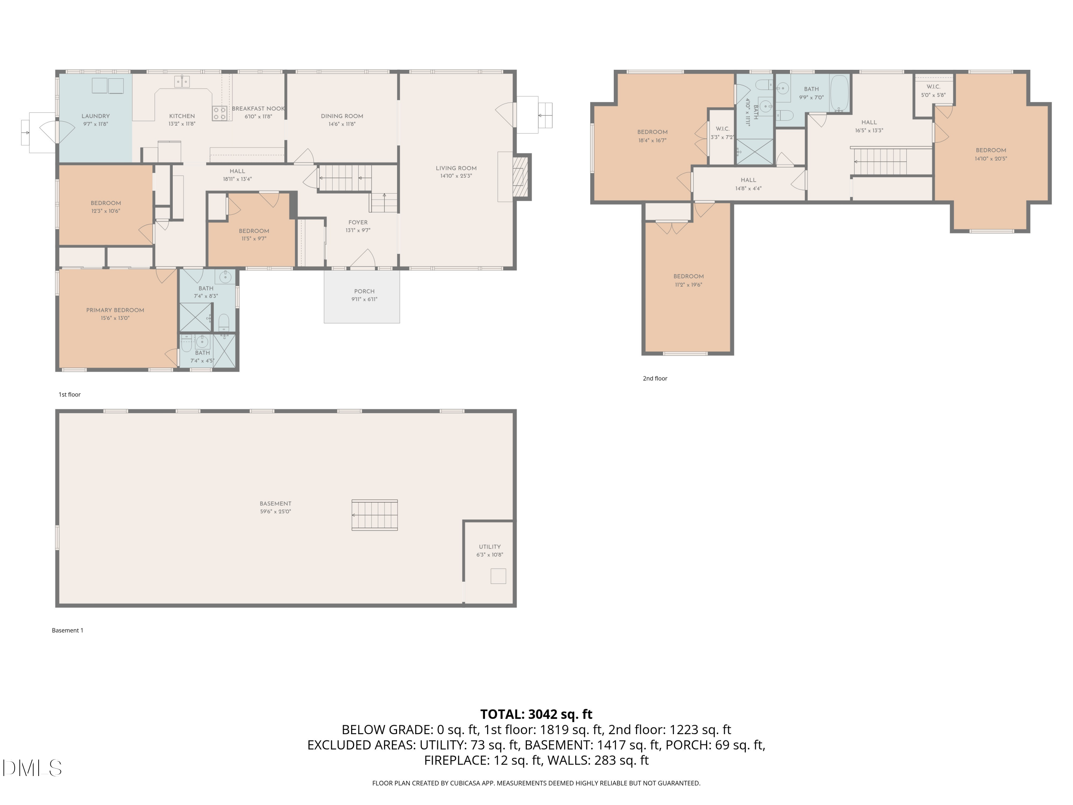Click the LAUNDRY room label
[x=95, y=116]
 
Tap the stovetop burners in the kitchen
[x=220, y=113]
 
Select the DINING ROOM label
[x=342, y=116]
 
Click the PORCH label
[x=364, y=291]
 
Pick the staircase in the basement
[x=374, y=515]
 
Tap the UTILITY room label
[x=490, y=546]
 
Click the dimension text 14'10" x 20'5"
[x=991, y=158]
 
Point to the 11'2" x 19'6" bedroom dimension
[x=689, y=284]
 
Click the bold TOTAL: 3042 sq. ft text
[x=536, y=714]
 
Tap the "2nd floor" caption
[x=655, y=379]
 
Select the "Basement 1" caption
[x=68, y=630]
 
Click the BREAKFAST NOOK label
[x=258, y=109]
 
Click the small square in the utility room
[x=498, y=576]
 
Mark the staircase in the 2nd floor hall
[x=880, y=162]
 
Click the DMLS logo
[x=32, y=768]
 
